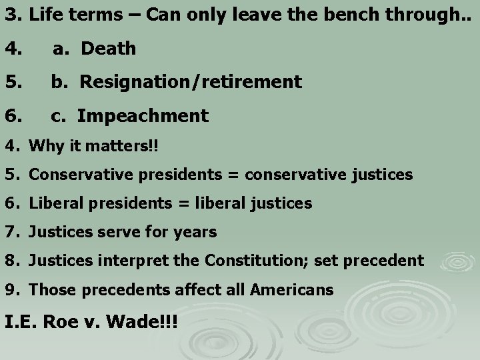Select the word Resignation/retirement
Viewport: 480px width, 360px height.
pyautogui.click(x=191, y=82)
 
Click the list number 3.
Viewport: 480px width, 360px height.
pyautogui.click(x=11, y=14)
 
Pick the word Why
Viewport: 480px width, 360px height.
pyautogui.click(x=44, y=146)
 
